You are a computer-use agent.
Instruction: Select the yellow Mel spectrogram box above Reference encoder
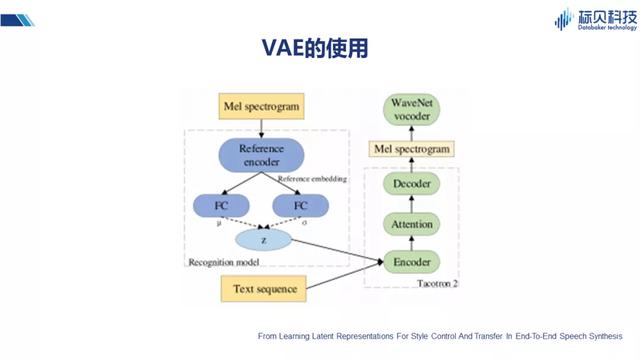click(x=261, y=105)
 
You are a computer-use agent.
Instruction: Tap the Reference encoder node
click(x=261, y=154)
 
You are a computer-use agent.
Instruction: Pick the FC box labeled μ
click(x=221, y=206)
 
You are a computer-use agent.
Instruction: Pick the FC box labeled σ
click(x=300, y=206)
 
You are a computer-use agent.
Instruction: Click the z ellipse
click(x=262, y=240)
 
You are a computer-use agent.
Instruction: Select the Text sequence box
click(x=262, y=289)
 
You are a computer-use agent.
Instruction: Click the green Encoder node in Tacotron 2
click(x=413, y=263)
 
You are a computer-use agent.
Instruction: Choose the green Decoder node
click(x=413, y=185)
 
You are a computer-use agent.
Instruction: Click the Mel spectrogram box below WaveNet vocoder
click(x=413, y=149)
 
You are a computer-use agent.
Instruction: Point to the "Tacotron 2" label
click(x=438, y=283)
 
